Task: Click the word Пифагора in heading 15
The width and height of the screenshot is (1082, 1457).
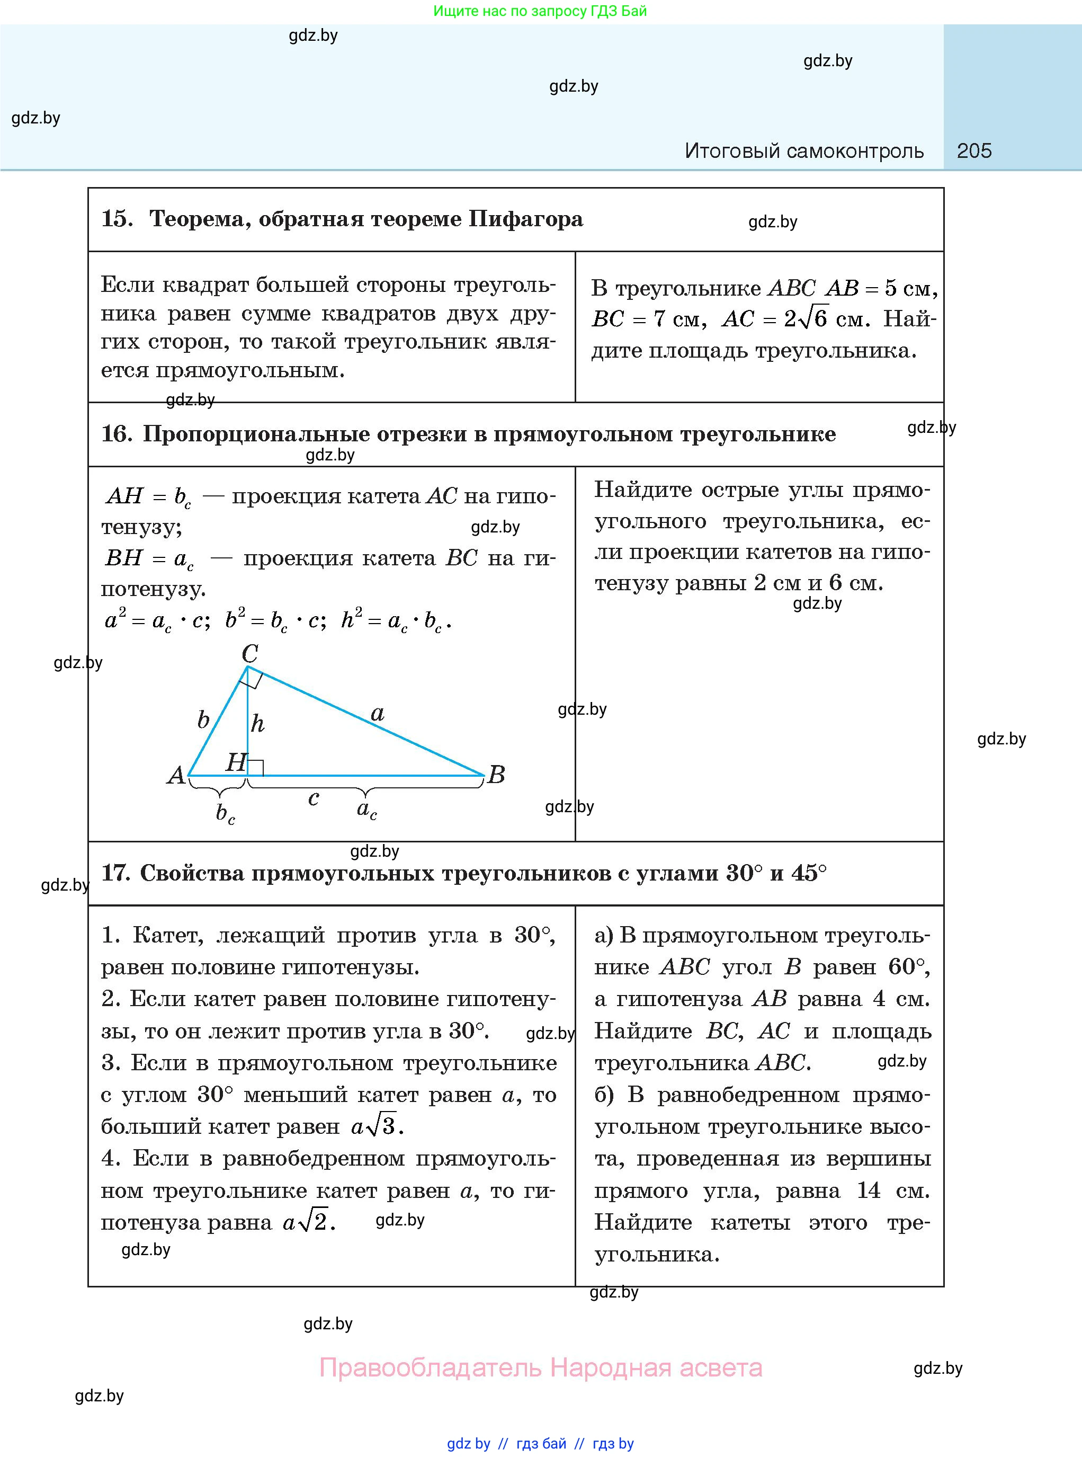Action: (525, 219)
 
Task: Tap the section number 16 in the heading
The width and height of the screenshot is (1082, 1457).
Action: (116, 434)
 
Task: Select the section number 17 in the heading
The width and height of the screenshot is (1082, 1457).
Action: (115, 873)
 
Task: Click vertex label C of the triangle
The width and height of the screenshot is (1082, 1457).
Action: (249, 653)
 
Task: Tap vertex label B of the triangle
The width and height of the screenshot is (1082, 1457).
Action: (496, 775)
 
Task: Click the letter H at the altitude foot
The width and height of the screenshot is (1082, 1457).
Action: (235, 762)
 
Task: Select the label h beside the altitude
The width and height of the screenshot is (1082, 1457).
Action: (257, 724)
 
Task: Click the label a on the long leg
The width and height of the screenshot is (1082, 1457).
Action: (377, 714)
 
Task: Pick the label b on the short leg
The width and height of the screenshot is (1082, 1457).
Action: (203, 720)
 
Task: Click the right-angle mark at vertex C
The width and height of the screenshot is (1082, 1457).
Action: (252, 679)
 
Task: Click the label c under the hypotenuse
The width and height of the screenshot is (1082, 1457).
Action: (313, 798)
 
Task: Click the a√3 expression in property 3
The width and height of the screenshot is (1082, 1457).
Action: (377, 1126)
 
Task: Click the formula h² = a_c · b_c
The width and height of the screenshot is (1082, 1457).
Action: (396, 620)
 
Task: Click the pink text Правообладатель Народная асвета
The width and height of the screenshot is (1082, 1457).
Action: (540, 1367)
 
